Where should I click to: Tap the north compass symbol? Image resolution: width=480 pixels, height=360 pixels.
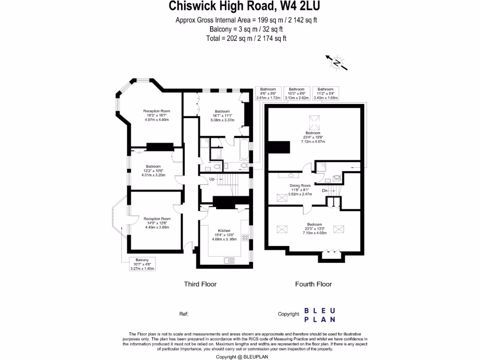[x=337, y=62]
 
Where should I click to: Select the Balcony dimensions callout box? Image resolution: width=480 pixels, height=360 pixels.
[x=142, y=264]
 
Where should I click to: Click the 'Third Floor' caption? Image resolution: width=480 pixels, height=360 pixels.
[x=200, y=284]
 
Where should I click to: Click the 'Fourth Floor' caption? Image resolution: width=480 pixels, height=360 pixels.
[x=313, y=284]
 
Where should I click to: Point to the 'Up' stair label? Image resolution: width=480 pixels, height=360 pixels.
[x=212, y=179]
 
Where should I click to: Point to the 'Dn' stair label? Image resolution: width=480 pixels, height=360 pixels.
[x=324, y=190]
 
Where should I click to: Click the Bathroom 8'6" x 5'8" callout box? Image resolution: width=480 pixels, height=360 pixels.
[x=268, y=94]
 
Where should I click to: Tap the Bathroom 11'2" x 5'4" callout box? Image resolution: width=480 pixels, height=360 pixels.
[x=325, y=94]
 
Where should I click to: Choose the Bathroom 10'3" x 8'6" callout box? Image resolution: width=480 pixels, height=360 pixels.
[x=297, y=94]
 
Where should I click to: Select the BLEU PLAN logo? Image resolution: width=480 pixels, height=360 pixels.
[x=320, y=315]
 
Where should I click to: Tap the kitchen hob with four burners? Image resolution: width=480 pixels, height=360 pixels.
[x=244, y=238]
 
